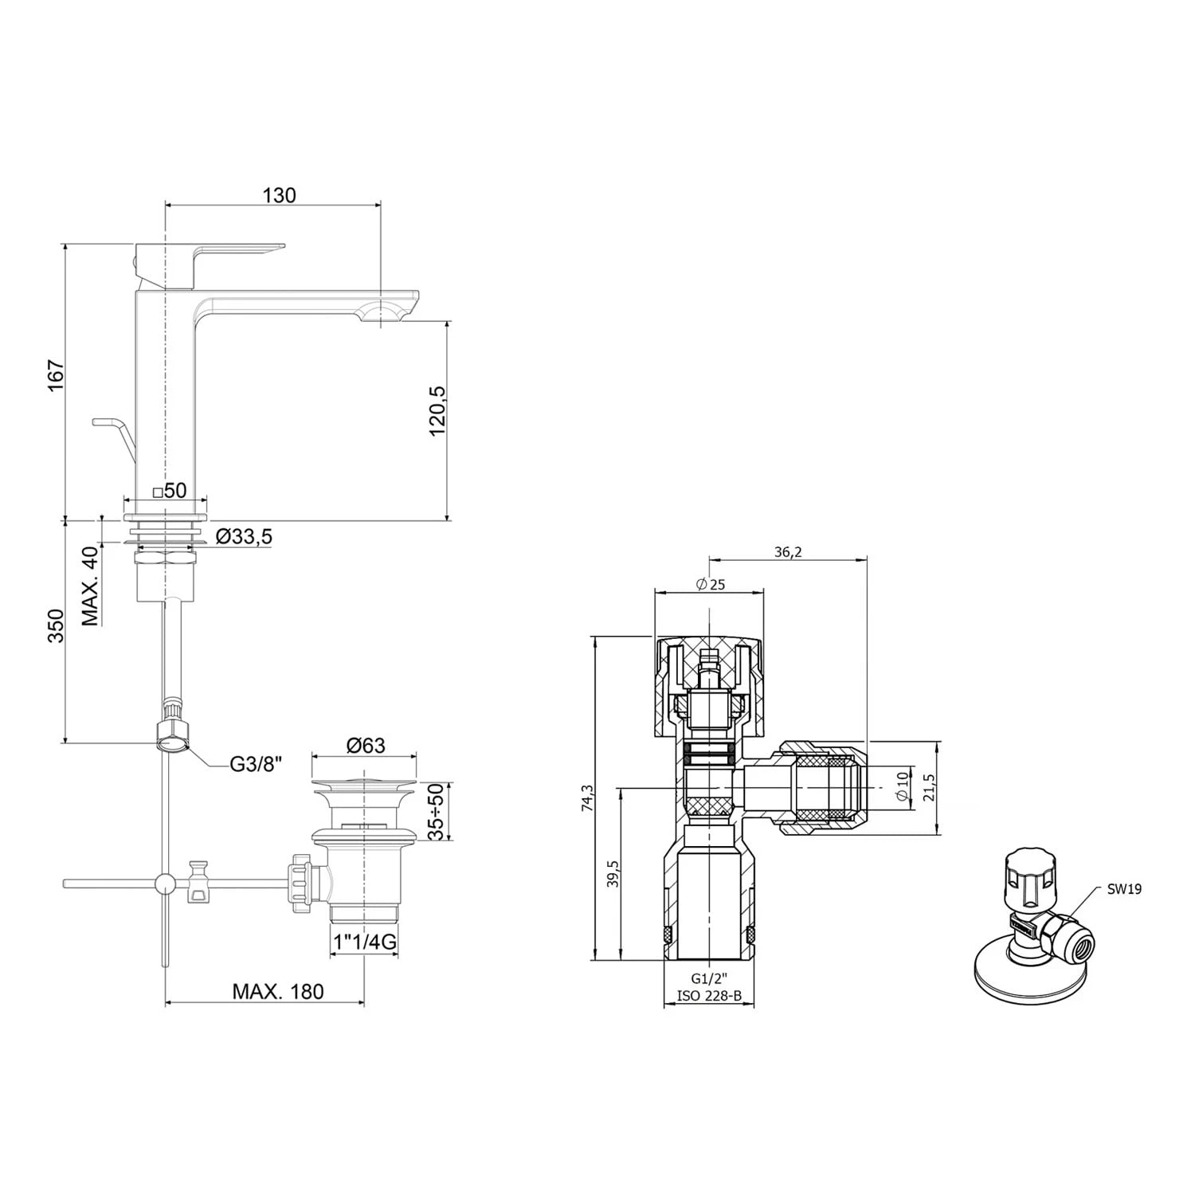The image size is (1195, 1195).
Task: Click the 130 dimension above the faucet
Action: click(278, 195)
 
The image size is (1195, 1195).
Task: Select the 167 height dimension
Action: click(53, 375)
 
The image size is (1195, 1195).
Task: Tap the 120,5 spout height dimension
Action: click(437, 410)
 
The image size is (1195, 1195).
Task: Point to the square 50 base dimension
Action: click(169, 491)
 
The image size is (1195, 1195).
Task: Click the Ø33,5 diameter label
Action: click(244, 537)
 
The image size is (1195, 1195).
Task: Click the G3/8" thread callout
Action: click(257, 764)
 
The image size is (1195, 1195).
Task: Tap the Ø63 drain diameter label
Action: click(366, 745)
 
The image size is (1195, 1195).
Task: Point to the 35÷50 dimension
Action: click(436, 811)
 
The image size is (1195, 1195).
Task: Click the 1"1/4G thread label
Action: click(365, 942)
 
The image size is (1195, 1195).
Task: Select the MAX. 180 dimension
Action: click(278, 991)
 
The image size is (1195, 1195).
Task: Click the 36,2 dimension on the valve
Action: click(787, 552)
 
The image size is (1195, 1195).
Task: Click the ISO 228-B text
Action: click(709, 995)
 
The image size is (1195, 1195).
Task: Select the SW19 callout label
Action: click(1123, 889)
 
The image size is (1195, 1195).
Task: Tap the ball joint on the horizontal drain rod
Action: click(165, 883)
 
